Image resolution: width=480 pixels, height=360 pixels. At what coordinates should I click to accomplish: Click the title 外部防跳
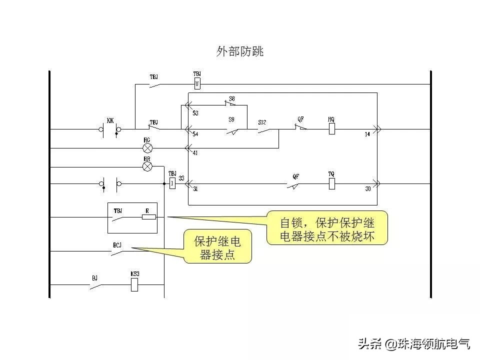[x=239, y=51]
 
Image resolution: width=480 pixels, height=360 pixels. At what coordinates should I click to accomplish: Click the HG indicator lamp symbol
[x=147, y=148]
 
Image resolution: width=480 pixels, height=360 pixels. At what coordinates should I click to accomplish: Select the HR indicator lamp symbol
[x=147, y=166]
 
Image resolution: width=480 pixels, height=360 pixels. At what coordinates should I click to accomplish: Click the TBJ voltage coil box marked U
[x=197, y=83]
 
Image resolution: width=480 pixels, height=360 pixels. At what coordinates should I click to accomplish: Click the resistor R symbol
[x=148, y=217]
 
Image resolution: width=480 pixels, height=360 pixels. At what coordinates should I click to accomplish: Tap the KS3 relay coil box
[x=134, y=284]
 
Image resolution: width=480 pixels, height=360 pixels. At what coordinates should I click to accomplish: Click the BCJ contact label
[x=117, y=245]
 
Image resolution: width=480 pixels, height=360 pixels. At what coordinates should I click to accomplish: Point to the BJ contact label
[x=94, y=276]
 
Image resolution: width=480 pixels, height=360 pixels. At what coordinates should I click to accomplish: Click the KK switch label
[x=110, y=121]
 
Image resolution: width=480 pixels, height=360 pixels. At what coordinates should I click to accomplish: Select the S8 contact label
[x=232, y=98]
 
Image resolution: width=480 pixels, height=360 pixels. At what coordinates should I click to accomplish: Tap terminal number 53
[x=195, y=113]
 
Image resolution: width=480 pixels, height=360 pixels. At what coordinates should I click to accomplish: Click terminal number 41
[x=195, y=153]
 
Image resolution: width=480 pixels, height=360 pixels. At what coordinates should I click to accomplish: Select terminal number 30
[x=368, y=189]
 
